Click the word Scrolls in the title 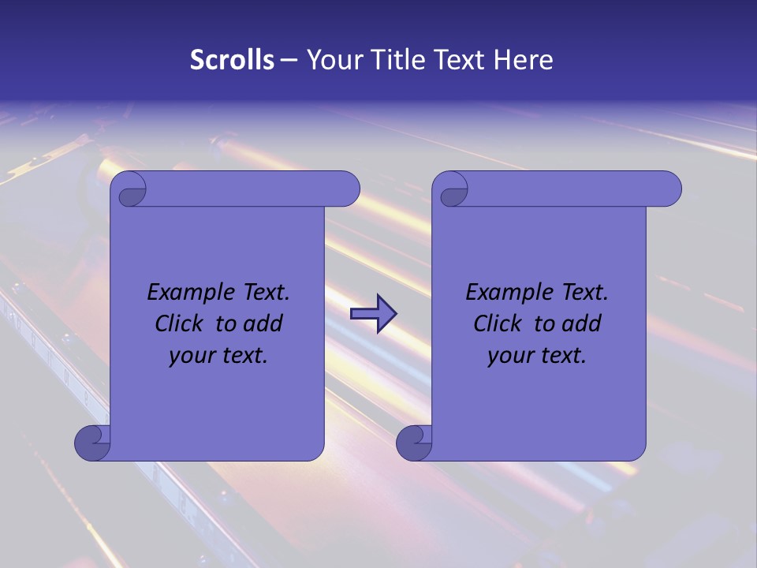click(x=233, y=60)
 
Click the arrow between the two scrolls click(x=373, y=314)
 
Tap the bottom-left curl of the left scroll click(x=92, y=443)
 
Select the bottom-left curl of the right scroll click(x=414, y=443)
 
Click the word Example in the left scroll click(x=187, y=293)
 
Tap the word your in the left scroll click(x=190, y=356)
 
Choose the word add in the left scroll click(x=263, y=323)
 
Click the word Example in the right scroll click(x=505, y=293)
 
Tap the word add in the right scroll click(x=582, y=323)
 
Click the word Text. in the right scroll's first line click(x=584, y=293)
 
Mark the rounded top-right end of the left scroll click(x=348, y=189)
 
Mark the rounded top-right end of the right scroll click(x=669, y=189)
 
